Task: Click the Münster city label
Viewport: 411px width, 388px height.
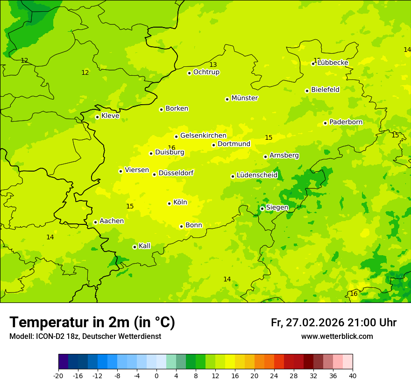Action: pos(244,98)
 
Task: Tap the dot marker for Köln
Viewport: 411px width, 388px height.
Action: pos(169,203)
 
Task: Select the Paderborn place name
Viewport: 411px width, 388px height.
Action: pos(346,122)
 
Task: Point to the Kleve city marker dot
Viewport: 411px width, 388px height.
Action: pos(97,117)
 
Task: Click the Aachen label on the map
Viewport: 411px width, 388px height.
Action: pos(112,221)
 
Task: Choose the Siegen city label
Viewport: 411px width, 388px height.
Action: pos(277,208)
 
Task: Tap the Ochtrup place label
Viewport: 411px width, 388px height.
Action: pos(206,72)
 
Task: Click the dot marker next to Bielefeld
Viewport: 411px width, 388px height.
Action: pos(307,91)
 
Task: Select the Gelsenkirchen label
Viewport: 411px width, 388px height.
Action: pos(203,136)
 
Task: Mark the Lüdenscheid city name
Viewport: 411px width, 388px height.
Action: pos(257,175)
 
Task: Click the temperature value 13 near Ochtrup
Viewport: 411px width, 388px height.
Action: pos(213,65)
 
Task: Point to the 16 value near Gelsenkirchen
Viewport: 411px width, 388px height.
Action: pos(171,148)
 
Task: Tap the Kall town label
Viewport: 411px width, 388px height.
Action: pos(144,246)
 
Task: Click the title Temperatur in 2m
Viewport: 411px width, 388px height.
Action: pos(92,323)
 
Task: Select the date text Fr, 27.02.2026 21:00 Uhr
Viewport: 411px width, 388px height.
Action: pos(333,323)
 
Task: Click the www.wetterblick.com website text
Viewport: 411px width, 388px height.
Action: pos(337,337)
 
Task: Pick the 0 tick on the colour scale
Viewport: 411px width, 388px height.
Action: pos(156,376)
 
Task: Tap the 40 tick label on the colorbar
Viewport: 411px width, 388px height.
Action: pos(352,376)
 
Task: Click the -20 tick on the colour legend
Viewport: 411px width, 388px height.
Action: pos(58,376)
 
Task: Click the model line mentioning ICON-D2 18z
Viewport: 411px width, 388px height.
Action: pos(85,337)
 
